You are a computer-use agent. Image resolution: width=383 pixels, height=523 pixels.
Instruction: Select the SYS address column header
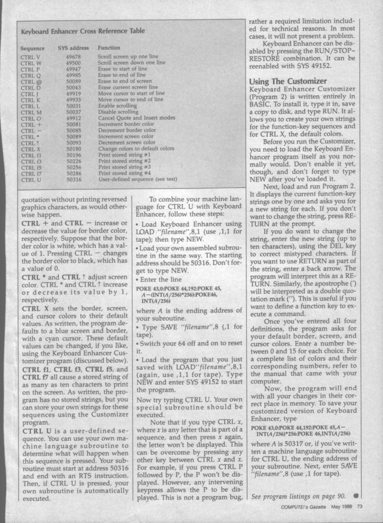point(70,48)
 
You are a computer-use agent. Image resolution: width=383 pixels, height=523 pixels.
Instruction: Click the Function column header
point(109,48)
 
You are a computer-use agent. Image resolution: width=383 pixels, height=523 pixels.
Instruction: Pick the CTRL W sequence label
point(32,63)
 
